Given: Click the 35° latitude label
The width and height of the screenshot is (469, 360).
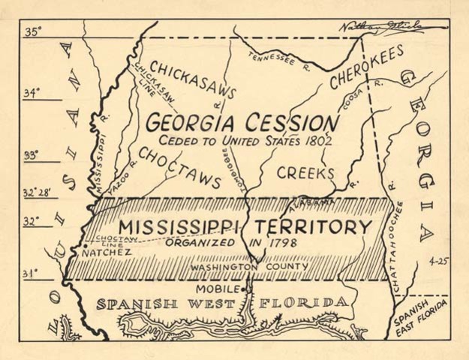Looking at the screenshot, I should click(x=33, y=31).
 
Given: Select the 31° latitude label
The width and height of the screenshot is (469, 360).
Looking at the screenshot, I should click(x=31, y=274).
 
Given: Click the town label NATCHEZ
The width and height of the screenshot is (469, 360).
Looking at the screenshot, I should click(x=106, y=253).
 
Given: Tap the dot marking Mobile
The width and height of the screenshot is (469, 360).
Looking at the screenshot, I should click(x=245, y=289).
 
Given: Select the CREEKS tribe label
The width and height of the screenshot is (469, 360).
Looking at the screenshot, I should click(x=305, y=173).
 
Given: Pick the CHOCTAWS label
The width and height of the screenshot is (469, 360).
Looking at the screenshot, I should click(x=179, y=166).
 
